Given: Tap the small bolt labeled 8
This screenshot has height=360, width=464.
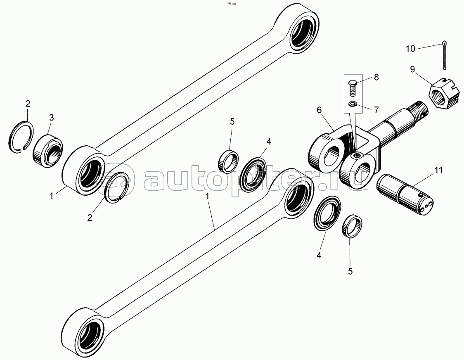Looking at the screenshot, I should (x=352, y=88).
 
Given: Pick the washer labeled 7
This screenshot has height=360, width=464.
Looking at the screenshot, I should (x=352, y=104).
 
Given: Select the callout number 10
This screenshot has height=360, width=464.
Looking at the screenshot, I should (x=410, y=49).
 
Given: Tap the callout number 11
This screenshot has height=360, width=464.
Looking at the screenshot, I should (x=438, y=171).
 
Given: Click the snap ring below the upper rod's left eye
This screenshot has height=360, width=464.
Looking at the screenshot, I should (x=118, y=187).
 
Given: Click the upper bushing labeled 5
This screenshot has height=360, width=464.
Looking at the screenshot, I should (x=228, y=160).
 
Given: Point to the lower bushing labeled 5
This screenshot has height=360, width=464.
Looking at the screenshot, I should (x=352, y=227).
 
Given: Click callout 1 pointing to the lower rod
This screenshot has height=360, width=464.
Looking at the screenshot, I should (x=208, y=198).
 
